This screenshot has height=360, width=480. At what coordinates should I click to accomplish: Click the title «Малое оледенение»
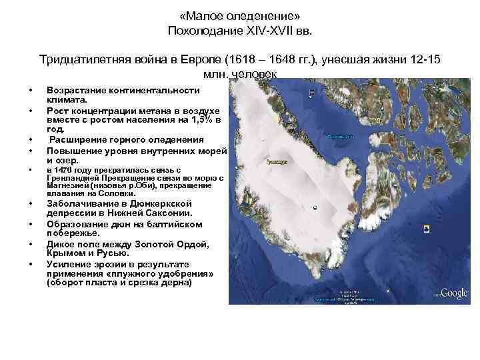(239, 15)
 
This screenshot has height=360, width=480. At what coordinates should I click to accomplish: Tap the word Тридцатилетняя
(83, 61)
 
